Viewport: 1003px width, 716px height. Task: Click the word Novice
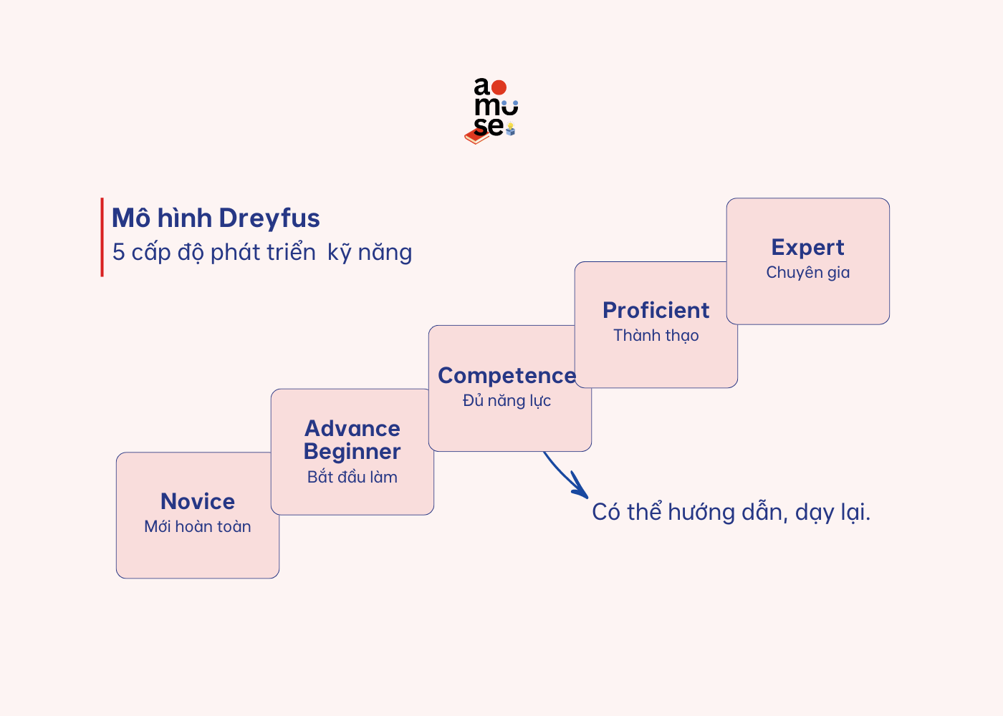(198, 501)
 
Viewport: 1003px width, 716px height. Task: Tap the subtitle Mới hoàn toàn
(198, 527)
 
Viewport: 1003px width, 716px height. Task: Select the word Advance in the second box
(352, 428)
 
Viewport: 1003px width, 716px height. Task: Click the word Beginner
(352, 452)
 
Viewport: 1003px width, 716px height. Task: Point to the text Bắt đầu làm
(352, 477)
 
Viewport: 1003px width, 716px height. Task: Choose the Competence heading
(507, 375)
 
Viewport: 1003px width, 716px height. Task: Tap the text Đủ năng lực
(507, 401)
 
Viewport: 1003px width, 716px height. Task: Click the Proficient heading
(656, 310)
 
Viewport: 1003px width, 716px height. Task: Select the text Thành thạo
(656, 336)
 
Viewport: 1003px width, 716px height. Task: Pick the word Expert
(808, 247)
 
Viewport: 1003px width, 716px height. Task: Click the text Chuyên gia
(808, 273)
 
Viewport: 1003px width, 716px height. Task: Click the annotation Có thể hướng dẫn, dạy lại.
(731, 513)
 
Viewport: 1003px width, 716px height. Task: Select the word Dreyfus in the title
(269, 218)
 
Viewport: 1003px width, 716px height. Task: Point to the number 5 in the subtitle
(119, 253)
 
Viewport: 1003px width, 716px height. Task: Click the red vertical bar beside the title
(102, 237)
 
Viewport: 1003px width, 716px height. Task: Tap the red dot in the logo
(499, 87)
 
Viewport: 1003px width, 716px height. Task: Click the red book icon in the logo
(476, 136)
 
